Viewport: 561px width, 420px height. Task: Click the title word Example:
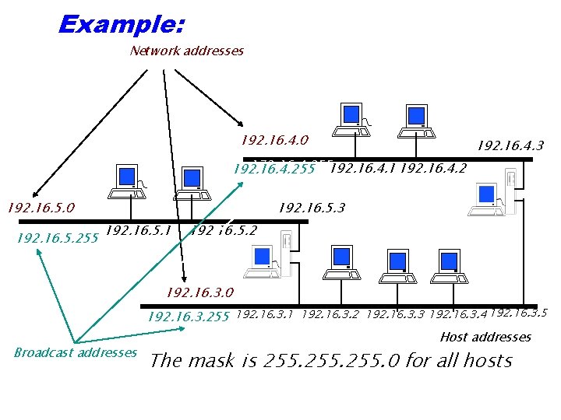point(121,24)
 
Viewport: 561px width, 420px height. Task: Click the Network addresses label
point(187,51)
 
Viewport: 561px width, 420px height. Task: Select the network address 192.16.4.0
point(274,141)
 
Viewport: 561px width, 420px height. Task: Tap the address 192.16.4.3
point(510,145)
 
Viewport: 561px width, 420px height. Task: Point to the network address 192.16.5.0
point(41,208)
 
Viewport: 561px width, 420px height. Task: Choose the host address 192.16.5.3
point(311,208)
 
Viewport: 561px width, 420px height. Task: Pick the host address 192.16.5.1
point(137,230)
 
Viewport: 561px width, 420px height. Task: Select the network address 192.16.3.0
point(199,293)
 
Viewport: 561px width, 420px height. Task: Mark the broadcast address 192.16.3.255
point(188,317)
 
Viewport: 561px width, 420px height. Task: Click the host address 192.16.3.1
point(264,315)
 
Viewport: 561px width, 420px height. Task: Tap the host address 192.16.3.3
point(394,315)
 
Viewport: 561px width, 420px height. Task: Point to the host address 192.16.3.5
point(519,313)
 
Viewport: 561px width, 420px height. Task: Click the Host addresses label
point(485,337)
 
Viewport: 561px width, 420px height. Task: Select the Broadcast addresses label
point(75,352)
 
